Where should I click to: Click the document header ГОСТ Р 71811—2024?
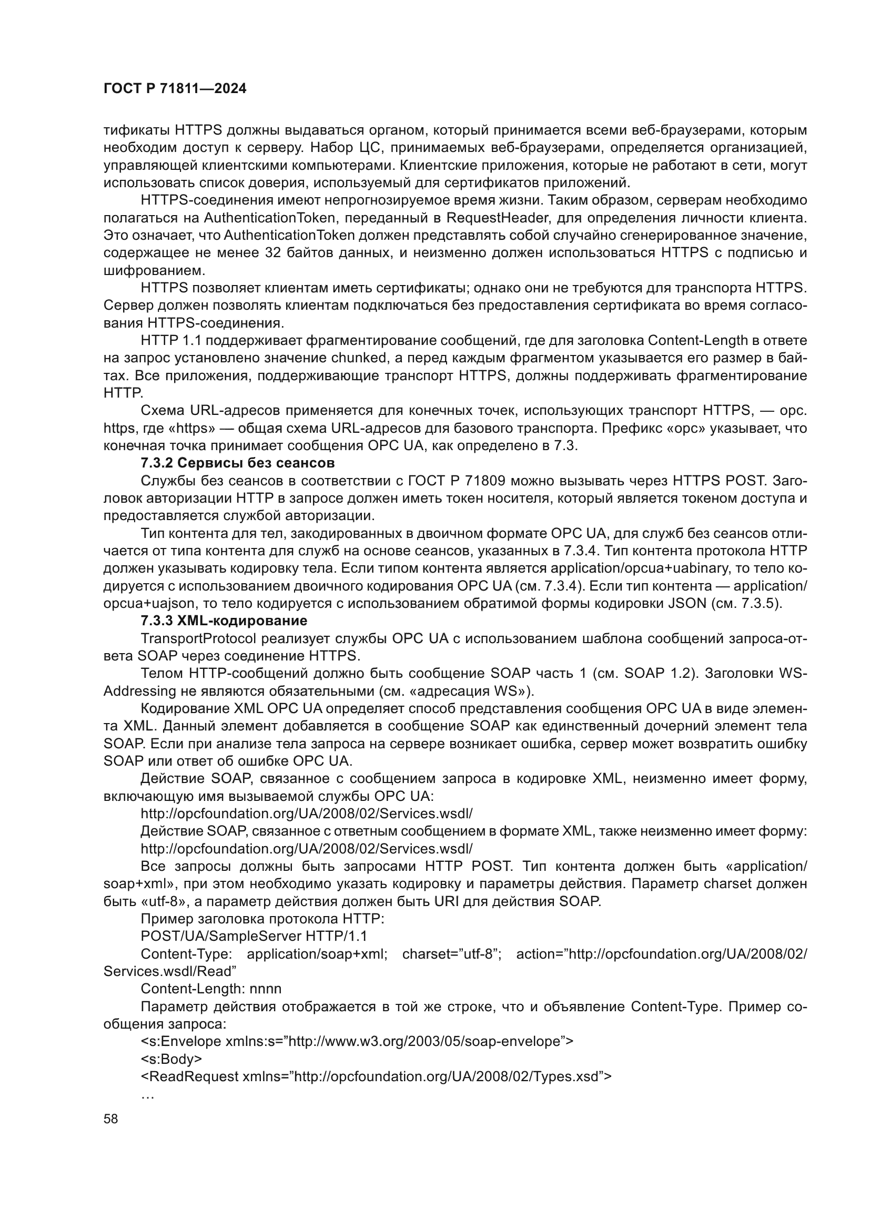click(x=175, y=89)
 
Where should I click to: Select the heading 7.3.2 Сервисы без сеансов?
click(x=237, y=463)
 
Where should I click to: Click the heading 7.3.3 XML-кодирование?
click(x=224, y=621)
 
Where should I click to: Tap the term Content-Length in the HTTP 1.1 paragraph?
click(x=697, y=340)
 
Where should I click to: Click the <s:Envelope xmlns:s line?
click(x=356, y=1041)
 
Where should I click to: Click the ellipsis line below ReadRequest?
click(x=147, y=1094)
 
